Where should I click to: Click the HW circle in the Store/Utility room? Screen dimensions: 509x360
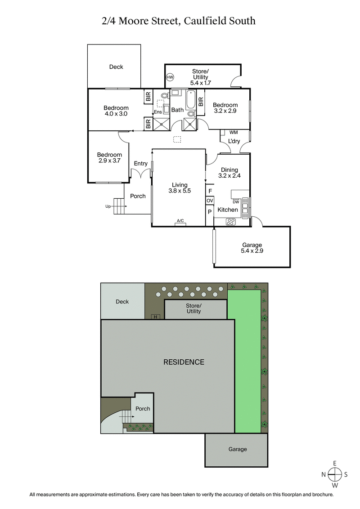170,77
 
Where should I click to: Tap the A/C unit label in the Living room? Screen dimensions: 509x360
180,221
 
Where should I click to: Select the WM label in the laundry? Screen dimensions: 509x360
233,133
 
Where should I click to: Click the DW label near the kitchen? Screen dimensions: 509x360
235,202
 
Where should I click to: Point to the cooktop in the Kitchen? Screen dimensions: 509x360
230,221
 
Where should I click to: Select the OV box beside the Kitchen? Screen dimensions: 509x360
210,201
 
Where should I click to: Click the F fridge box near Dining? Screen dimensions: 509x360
210,190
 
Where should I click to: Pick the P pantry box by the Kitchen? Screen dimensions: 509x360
210,212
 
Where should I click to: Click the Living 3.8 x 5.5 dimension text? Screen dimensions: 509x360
179,191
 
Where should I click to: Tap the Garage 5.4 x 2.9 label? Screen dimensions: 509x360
252,251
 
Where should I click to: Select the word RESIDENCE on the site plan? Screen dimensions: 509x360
184,362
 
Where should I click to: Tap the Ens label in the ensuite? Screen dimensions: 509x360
158,112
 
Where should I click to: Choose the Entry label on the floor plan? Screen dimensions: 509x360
140,164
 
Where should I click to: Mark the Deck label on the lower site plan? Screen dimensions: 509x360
122,302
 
